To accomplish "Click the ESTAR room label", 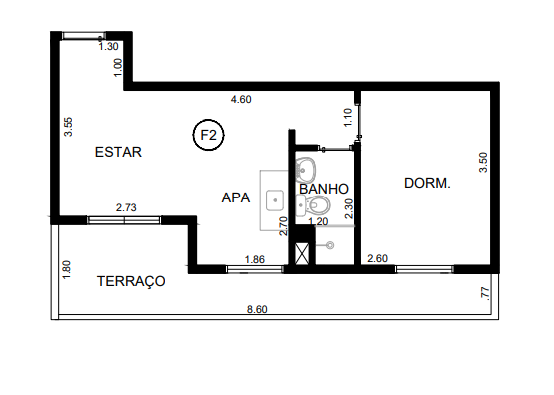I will coord(118,153).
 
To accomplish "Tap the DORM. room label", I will coord(427,184).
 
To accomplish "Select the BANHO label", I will coord(323,188).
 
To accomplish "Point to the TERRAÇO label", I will coord(130,282).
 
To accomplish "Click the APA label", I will coord(236,197).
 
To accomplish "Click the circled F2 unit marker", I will coord(210,134).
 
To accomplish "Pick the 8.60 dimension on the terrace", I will coord(257,310).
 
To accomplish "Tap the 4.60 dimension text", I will coord(241,99).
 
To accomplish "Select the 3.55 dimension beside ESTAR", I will coord(68,128).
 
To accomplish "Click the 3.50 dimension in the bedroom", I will coord(483,163).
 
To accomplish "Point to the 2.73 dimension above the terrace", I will coord(126,207).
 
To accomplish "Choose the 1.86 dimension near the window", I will coord(255,259).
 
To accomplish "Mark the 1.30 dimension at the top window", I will coord(108,46).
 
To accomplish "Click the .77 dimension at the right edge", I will coord(485,293).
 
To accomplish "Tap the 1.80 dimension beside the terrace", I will coord(67,270).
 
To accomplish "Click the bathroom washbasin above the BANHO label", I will coord(308,168).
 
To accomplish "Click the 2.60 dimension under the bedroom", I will coord(377,259).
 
